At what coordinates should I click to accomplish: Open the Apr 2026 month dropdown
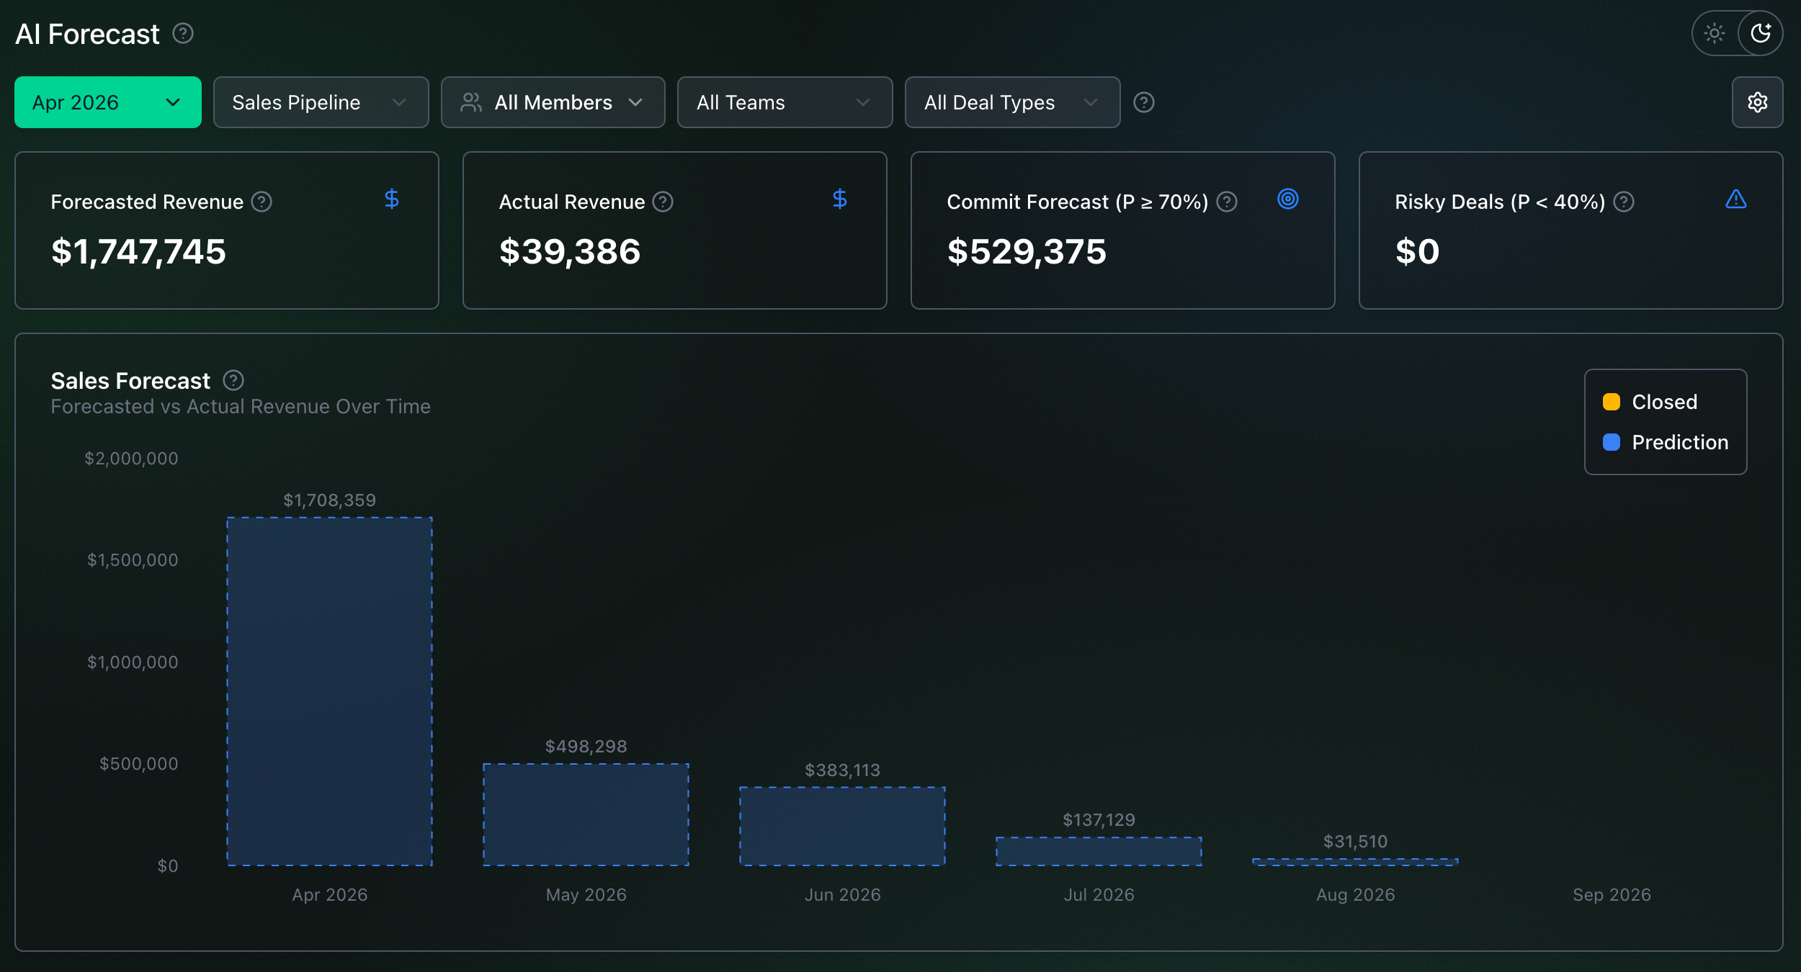coord(108,102)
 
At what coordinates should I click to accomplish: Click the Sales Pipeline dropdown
coord(321,102)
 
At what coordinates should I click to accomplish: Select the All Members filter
coord(553,102)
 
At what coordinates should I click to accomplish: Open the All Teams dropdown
coord(785,102)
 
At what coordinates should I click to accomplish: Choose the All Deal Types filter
coord(1013,102)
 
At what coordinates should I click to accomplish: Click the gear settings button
coord(1758,102)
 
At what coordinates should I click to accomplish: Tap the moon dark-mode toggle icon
coord(1761,33)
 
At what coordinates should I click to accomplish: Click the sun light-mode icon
coord(1715,33)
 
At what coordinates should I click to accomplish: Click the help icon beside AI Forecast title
coord(183,33)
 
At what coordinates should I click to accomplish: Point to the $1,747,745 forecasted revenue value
coord(138,252)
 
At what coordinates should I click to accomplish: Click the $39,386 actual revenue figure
coord(570,252)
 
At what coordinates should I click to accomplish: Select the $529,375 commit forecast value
coord(1027,252)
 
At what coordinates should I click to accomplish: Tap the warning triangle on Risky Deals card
coord(1736,199)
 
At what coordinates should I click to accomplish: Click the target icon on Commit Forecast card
coord(1288,199)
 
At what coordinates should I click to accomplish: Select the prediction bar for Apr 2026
coord(330,691)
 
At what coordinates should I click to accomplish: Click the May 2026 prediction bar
coord(586,814)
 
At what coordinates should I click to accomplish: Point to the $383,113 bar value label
coord(843,770)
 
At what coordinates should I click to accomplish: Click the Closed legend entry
coord(1650,402)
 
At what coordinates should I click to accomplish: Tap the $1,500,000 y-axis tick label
coord(133,560)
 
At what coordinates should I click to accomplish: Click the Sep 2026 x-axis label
coord(1612,895)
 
